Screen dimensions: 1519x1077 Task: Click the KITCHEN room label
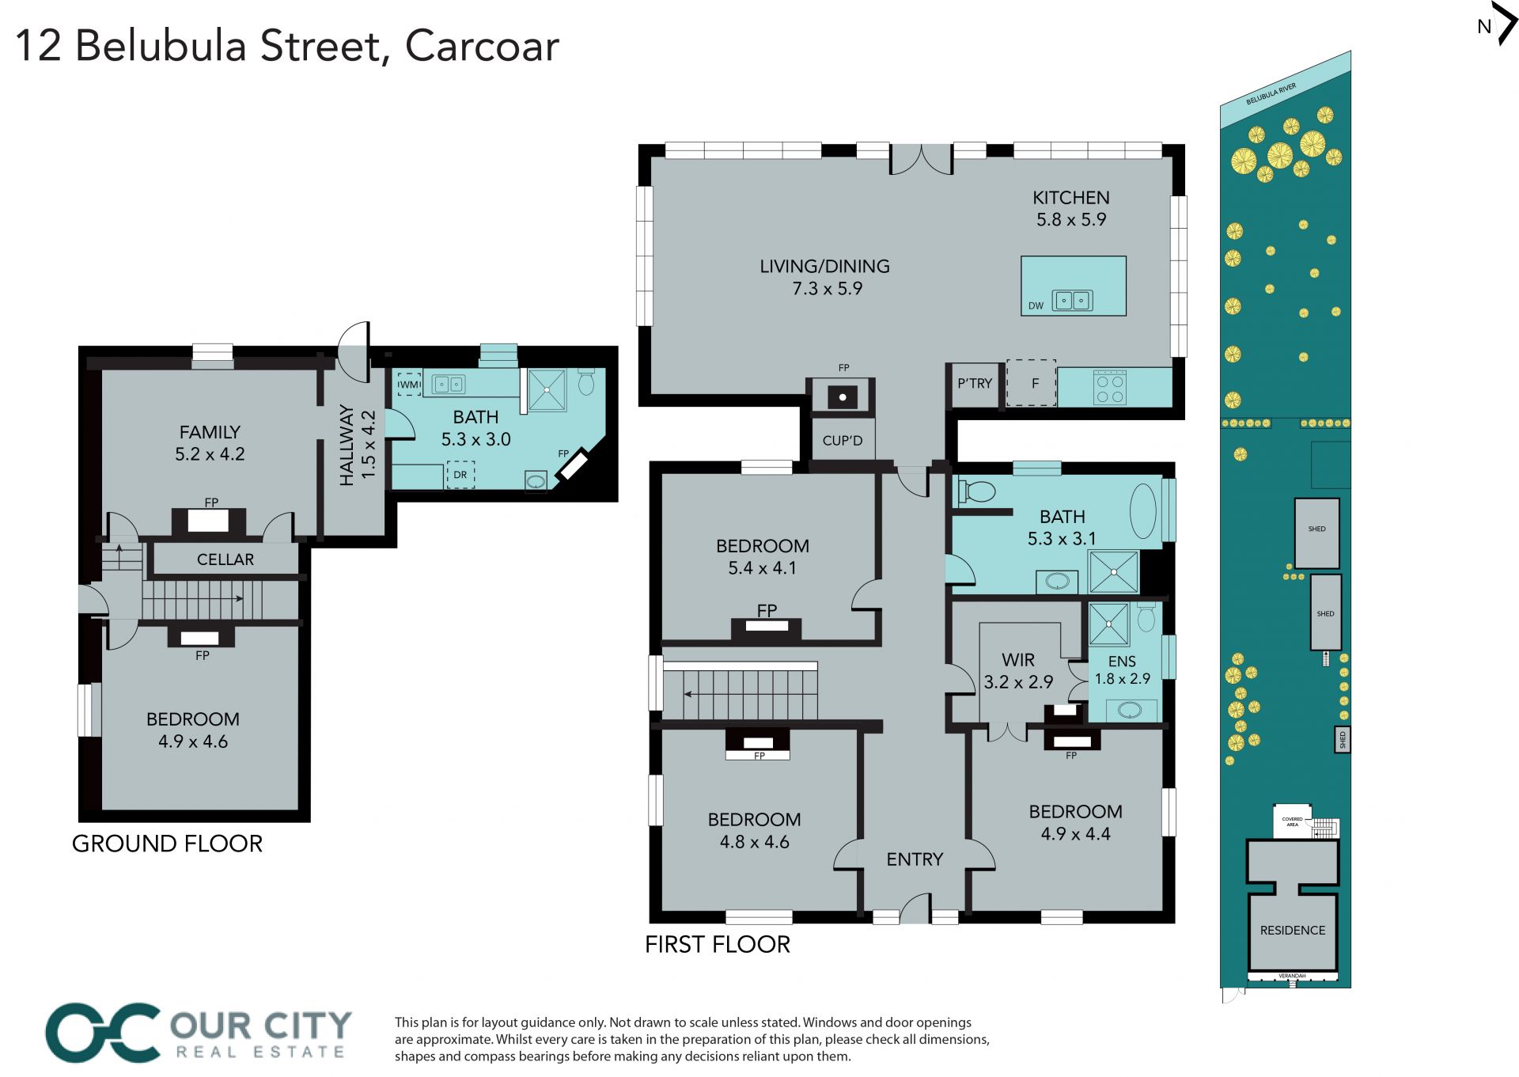click(x=1070, y=198)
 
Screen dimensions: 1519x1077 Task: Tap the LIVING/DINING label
click(x=824, y=267)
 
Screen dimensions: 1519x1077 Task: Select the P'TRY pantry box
click(x=975, y=385)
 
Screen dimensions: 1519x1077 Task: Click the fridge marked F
click(x=1032, y=384)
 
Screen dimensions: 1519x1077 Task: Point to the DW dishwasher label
click(x=1036, y=305)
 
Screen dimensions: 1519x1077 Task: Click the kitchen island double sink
click(x=1073, y=300)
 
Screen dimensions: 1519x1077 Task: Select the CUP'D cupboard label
click(x=843, y=441)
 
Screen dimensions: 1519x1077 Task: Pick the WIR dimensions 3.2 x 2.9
click(x=1018, y=682)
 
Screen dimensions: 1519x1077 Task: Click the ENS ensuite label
click(x=1122, y=662)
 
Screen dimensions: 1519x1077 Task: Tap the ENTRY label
click(x=915, y=859)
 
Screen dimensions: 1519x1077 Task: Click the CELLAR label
click(x=225, y=559)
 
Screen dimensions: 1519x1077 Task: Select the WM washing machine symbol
click(x=409, y=385)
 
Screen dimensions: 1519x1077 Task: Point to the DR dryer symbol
click(x=460, y=475)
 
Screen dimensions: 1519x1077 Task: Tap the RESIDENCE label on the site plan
click(x=1293, y=931)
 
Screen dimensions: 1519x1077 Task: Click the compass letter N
click(x=1484, y=26)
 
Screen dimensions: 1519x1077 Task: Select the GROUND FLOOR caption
click(x=167, y=844)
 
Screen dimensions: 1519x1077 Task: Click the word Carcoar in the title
click(x=482, y=46)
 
